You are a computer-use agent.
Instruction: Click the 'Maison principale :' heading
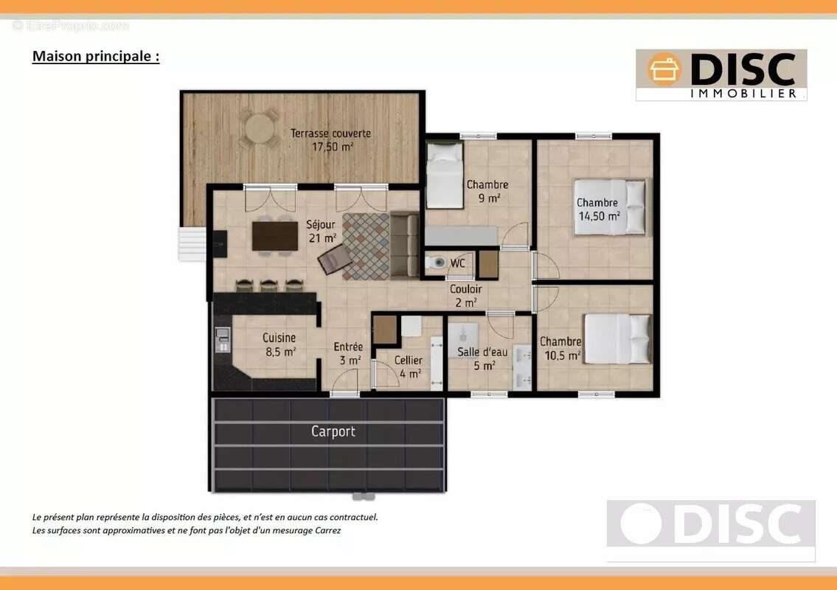[x=96, y=56]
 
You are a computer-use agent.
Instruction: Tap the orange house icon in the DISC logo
[x=664, y=69]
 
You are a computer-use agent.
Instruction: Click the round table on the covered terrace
[x=260, y=128]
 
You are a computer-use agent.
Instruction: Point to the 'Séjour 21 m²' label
[x=322, y=231]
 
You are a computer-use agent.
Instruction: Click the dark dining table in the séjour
[x=275, y=236]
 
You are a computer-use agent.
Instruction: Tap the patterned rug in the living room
[x=367, y=246]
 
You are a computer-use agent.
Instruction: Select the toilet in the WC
[x=435, y=262]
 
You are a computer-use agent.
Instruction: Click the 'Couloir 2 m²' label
[x=465, y=296]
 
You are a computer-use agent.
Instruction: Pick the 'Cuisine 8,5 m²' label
[x=279, y=344]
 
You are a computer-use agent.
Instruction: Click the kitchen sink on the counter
[x=223, y=340]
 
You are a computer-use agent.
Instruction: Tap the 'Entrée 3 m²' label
[x=348, y=353]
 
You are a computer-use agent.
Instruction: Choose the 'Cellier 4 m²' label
[x=409, y=367]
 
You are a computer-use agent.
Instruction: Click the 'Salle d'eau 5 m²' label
[x=482, y=359]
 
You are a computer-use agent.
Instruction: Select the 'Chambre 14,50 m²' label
[x=598, y=209]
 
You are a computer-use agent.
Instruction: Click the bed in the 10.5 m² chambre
[x=617, y=339]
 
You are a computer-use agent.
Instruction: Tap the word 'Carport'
[x=333, y=431]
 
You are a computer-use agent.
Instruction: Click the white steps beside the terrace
[x=192, y=244]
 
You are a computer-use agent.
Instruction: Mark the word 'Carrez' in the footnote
[x=327, y=531]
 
